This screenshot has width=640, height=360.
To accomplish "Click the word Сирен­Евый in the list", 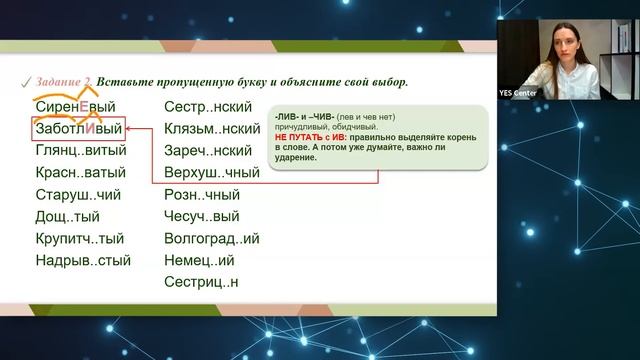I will pyautogui.click(x=75, y=106).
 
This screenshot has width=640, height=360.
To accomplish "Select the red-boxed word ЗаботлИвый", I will pyautogui.click(x=78, y=129).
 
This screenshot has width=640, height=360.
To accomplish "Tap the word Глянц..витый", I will pyautogui.click(x=80, y=151).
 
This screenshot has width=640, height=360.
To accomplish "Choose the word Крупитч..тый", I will pyautogui.click(x=79, y=239).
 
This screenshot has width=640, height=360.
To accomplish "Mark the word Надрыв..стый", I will pyautogui.click(x=82, y=261).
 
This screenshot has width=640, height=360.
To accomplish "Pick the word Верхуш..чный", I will pyautogui.click(x=212, y=172).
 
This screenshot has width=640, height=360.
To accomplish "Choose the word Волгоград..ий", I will pyautogui.click(x=212, y=239).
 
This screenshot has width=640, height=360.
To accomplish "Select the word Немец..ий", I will pyautogui.click(x=199, y=261).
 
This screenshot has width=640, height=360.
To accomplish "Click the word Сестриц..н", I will pyautogui.click(x=202, y=283).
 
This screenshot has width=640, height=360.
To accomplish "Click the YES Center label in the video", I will pyautogui.click(x=520, y=93).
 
